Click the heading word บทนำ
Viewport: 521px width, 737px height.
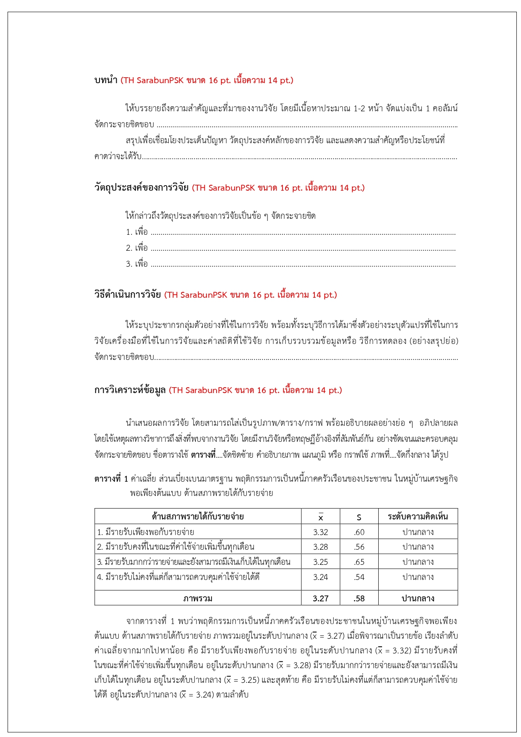[x=106, y=80]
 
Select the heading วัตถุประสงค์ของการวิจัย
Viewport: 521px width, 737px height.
[x=141, y=188]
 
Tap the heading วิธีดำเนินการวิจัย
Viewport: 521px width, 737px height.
[x=128, y=295]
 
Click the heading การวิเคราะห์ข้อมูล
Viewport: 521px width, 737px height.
[x=130, y=390]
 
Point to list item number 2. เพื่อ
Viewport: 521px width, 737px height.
[x=137, y=248]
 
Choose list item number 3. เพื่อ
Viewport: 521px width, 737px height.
[x=137, y=264]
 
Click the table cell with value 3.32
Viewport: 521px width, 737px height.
[x=320, y=532]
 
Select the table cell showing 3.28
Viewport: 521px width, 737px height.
[x=320, y=547]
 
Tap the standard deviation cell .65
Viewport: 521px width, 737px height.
[x=359, y=562]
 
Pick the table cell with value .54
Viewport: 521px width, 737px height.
[x=359, y=577]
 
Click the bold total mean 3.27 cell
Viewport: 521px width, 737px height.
[x=320, y=598]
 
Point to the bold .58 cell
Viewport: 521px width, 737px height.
[x=359, y=598]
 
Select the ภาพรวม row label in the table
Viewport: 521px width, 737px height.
[x=198, y=598]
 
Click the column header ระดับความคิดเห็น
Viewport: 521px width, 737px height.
[x=418, y=517]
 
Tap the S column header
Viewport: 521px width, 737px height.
[x=359, y=517]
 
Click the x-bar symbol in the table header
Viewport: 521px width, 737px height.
[x=321, y=517]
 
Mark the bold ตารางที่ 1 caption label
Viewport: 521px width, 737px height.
[x=111, y=479]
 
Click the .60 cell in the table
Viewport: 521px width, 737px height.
[x=359, y=532]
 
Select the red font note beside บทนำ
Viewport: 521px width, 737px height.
[x=207, y=80]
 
